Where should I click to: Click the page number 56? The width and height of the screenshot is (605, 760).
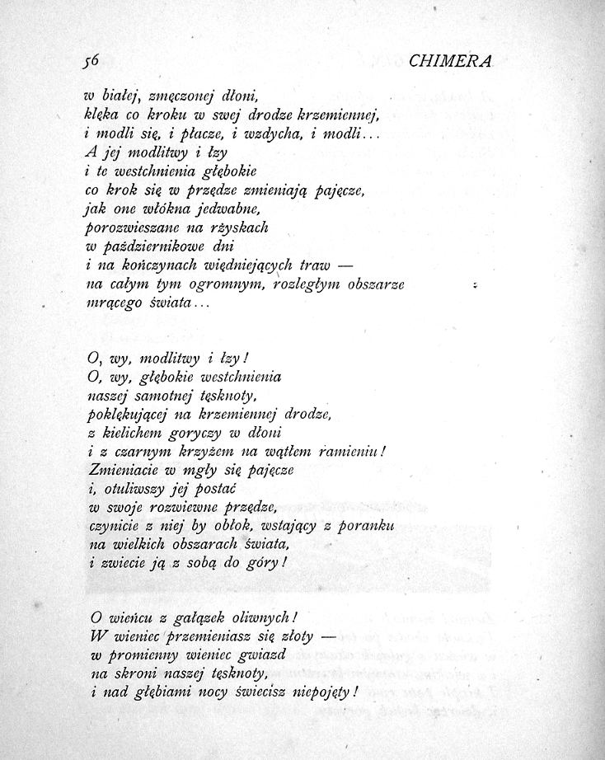point(91,59)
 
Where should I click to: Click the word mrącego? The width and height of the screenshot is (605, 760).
point(110,303)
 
